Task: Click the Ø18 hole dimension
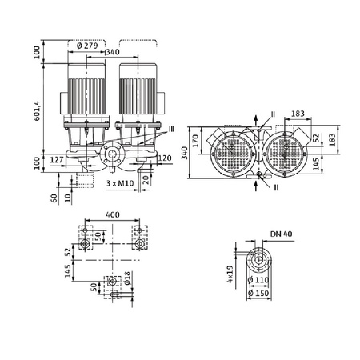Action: [126, 281]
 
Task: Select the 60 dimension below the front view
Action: [54, 196]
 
